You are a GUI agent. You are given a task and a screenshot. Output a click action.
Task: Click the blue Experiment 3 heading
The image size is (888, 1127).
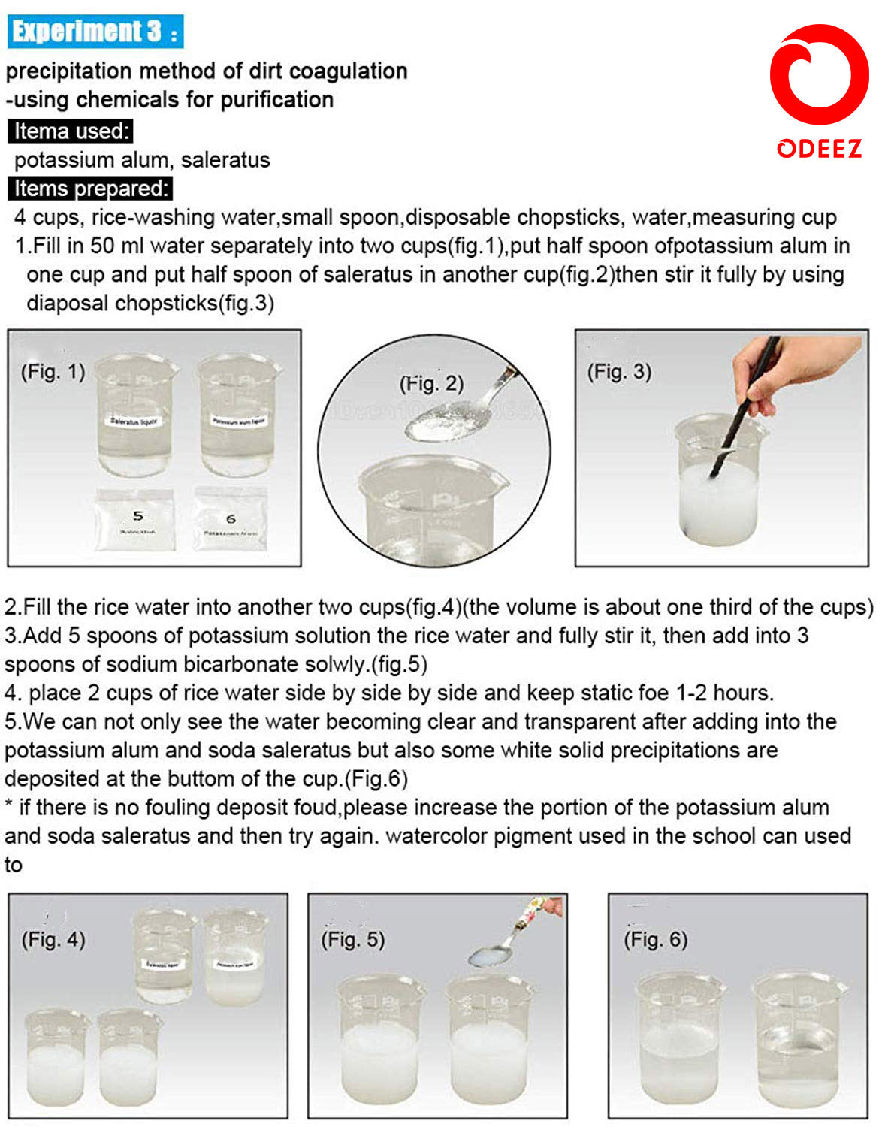[x=95, y=32]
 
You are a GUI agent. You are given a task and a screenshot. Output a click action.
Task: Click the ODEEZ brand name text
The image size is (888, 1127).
[x=819, y=148]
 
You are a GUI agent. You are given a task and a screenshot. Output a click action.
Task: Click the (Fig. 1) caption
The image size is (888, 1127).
[x=53, y=371]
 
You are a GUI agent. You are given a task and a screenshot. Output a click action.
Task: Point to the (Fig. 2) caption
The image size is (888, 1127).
[x=430, y=384]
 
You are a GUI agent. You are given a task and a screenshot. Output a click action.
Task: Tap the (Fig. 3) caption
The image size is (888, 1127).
[x=619, y=371]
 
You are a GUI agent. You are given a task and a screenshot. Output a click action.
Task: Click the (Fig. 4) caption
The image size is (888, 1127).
[x=53, y=939]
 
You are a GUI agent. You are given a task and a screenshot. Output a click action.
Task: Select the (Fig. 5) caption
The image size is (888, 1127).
[x=352, y=939]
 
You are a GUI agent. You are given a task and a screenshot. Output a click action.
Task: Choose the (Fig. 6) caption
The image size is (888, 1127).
[x=655, y=939]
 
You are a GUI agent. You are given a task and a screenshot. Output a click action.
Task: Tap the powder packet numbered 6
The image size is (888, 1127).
[x=231, y=520]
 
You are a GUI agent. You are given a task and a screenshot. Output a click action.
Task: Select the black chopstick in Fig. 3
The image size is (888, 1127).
[x=744, y=421]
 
